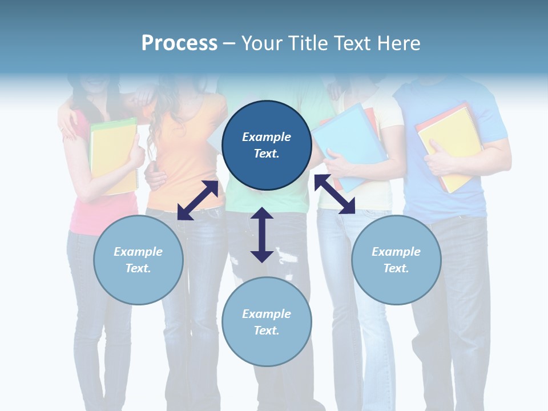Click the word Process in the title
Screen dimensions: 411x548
(x=179, y=43)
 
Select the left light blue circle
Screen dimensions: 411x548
(x=138, y=260)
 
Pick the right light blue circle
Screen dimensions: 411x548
(x=396, y=260)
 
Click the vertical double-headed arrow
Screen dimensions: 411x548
(x=262, y=235)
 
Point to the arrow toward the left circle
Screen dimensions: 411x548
(x=198, y=200)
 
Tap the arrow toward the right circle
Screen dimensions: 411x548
(x=335, y=194)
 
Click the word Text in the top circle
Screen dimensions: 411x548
(x=267, y=154)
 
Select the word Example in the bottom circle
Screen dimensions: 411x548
(x=267, y=314)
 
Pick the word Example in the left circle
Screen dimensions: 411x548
(x=138, y=252)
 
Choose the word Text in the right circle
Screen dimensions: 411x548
(x=396, y=268)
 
